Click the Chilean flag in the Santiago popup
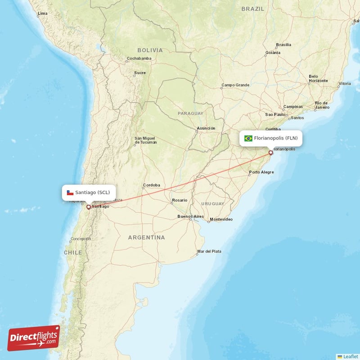point(70,193)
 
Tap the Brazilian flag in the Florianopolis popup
point(248,139)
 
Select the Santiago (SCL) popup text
point(92,193)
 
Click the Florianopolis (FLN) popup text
point(275,139)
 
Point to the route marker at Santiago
point(89,207)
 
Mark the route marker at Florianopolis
point(270,153)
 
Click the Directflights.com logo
point(34,338)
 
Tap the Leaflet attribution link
point(350,356)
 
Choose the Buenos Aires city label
point(190,216)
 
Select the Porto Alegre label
point(261,172)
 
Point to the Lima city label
point(42,13)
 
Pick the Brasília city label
point(283,45)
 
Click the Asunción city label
point(206,128)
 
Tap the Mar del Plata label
point(209,251)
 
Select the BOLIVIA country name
point(150,50)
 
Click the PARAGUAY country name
point(190,113)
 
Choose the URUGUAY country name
point(212,204)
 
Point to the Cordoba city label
point(151,185)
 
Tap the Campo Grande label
point(235,85)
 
